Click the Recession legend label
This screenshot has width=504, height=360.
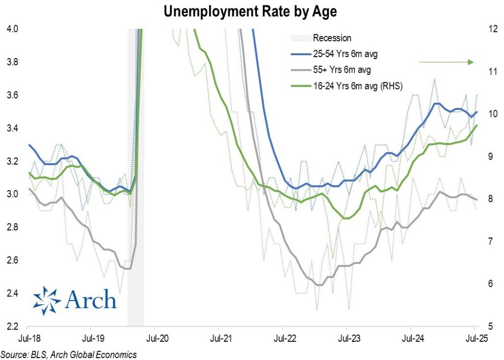click(332, 38)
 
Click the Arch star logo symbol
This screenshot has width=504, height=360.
click(47, 300)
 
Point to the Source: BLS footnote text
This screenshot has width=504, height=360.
click(68, 354)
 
